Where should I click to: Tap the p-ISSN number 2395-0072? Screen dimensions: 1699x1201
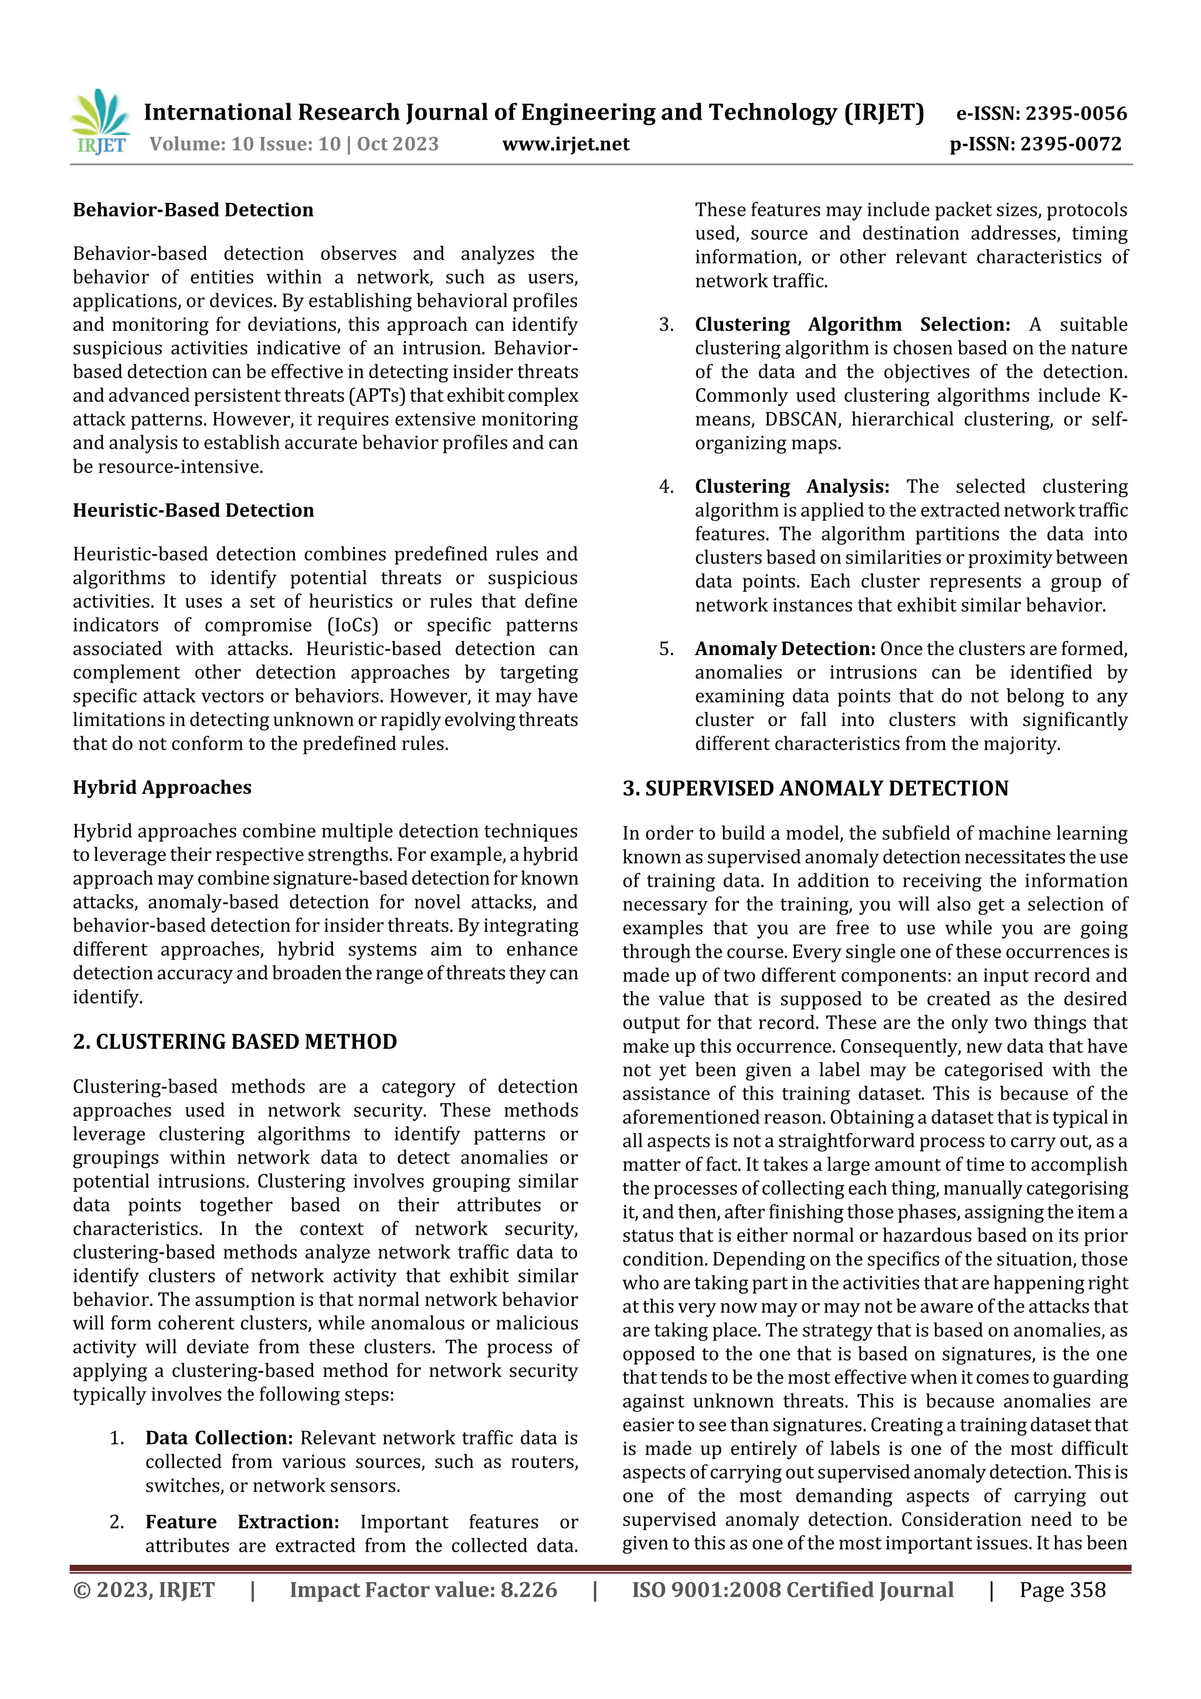click(1071, 144)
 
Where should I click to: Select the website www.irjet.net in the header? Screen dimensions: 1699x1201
click(565, 144)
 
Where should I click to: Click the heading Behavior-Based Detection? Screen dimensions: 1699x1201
click(193, 210)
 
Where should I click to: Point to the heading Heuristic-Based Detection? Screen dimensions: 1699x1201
click(193, 511)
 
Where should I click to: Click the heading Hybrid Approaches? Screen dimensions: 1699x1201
click(162, 788)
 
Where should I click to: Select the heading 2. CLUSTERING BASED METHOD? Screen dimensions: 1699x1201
click(235, 1042)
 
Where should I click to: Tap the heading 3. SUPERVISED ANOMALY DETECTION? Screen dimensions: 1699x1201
click(815, 789)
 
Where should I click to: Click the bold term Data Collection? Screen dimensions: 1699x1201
click(219, 1438)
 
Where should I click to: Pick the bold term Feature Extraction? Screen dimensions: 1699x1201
click(242, 1521)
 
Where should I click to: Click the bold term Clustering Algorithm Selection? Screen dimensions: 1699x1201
click(851, 325)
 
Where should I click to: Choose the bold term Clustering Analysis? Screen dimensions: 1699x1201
click(791, 487)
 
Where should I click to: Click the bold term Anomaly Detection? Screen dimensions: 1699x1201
click(785, 649)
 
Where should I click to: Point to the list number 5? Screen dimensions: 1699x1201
click(666, 649)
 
